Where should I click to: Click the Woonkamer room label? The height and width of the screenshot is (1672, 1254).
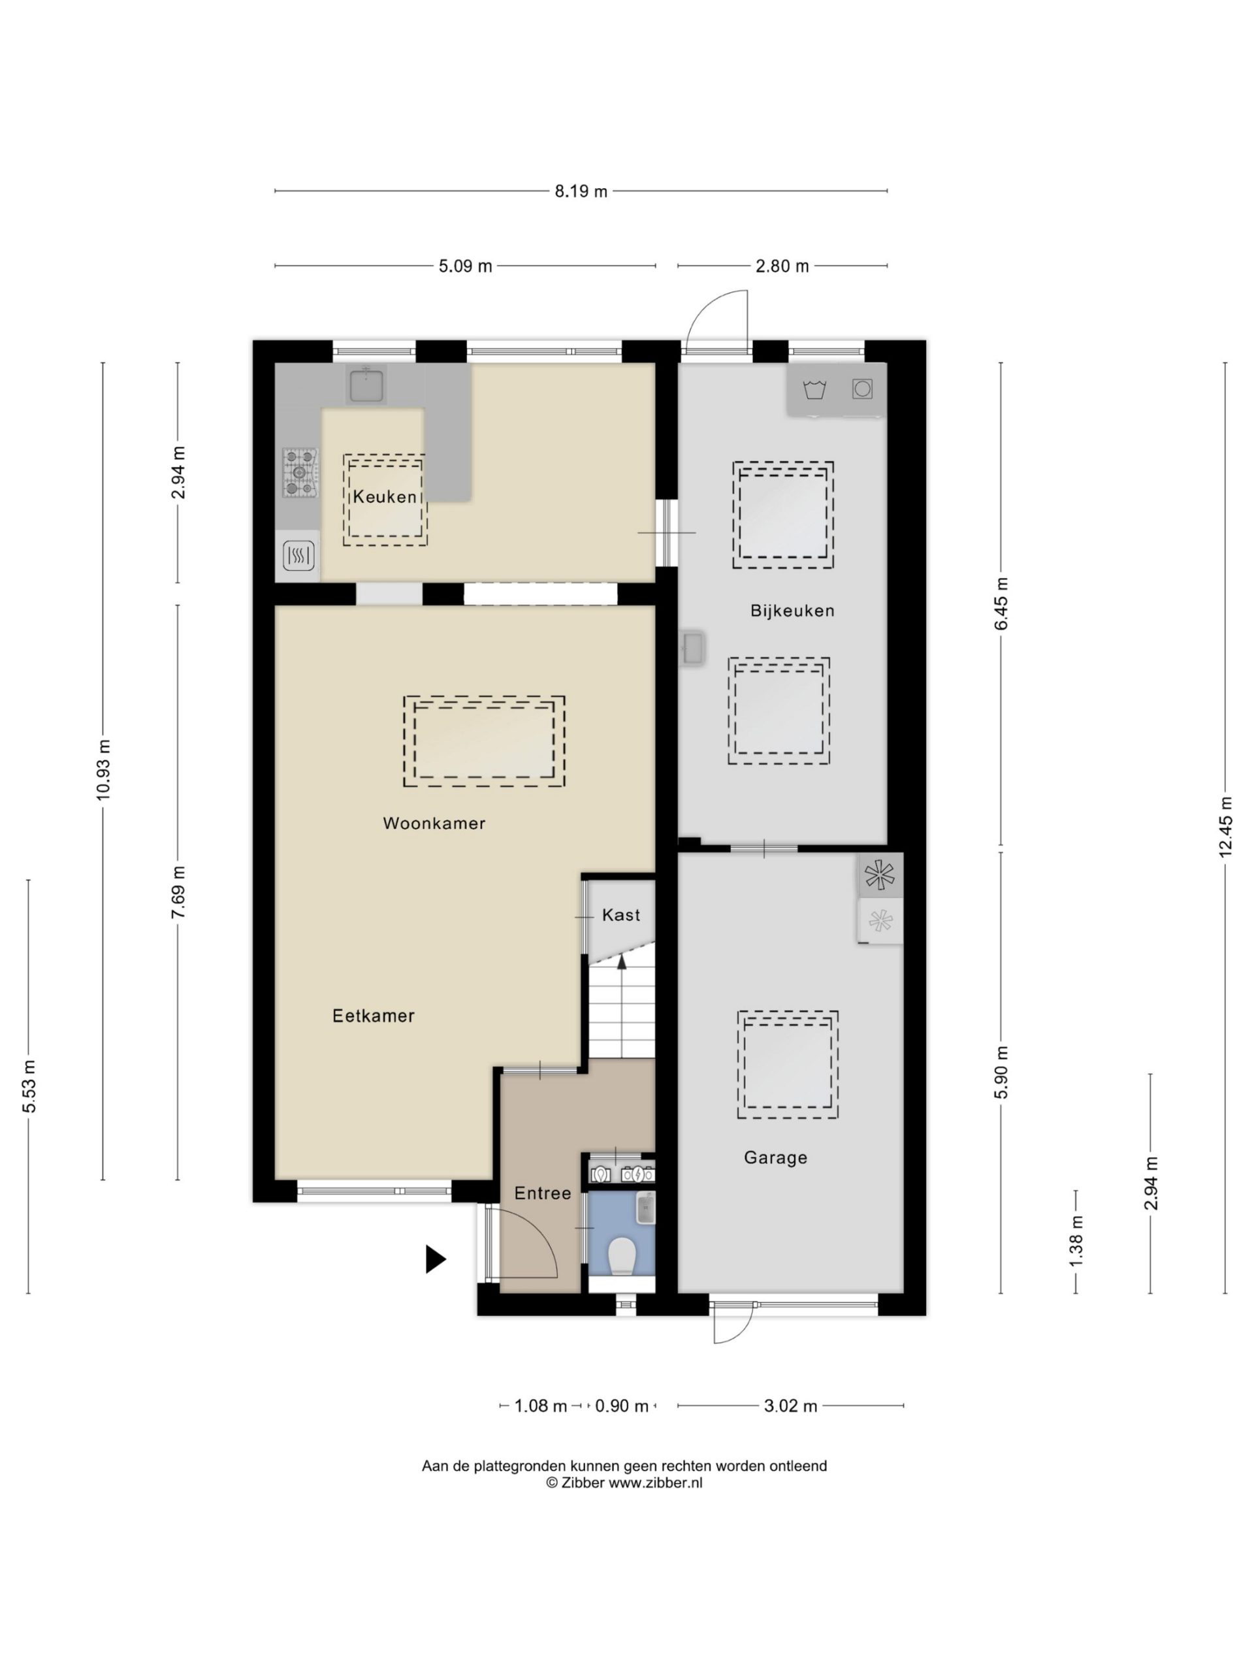tap(434, 824)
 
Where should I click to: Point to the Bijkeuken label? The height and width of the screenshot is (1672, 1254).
tap(792, 611)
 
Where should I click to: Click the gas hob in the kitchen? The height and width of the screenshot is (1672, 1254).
tap(299, 473)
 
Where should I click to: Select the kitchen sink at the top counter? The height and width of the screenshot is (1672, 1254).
tap(366, 385)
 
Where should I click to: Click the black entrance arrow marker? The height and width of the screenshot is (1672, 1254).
tap(436, 1259)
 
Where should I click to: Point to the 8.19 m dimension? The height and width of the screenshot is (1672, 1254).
tap(581, 191)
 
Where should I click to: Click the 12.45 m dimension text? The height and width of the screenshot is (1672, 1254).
tap(1225, 828)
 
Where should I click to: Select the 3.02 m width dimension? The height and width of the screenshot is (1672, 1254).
tap(791, 1406)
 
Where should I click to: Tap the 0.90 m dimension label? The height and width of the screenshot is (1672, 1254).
tap(622, 1406)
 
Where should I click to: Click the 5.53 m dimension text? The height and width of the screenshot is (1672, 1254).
tap(29, 1086)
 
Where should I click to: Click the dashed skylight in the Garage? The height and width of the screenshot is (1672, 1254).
tap(788, 1065)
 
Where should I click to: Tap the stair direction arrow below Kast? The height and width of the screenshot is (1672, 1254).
tap(622, 961)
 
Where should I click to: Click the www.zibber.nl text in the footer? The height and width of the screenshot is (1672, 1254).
tap(655, 1483)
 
